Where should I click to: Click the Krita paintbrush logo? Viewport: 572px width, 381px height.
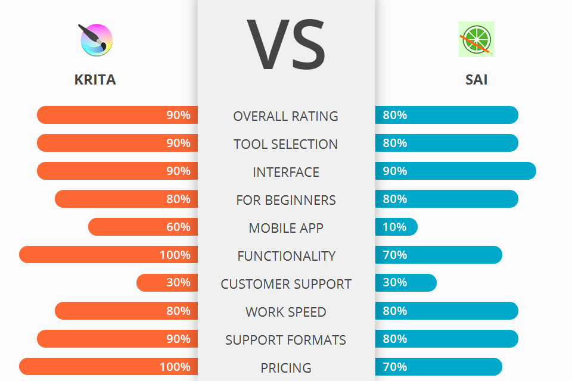(96, 40)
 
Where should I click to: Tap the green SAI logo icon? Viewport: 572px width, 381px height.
(476, 39)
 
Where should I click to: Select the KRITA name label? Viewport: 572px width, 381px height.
(95, 80)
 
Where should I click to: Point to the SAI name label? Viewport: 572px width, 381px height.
(476, 80)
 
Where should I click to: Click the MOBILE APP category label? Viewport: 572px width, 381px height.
(286, 228)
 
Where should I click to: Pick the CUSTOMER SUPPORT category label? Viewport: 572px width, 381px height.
(286, 284)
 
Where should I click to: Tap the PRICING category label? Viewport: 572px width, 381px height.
(286, 368)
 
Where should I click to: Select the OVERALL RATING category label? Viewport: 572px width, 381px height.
(286, 116)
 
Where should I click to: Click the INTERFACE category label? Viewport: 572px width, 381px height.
(286, 172)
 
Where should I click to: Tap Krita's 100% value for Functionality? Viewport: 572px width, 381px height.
(175, 255)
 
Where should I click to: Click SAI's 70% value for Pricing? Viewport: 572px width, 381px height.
(395, 367)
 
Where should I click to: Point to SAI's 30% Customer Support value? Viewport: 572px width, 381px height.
(395, 283)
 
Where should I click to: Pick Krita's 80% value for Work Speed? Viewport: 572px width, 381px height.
(178, 311)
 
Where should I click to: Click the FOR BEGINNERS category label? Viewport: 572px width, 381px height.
(286, 200)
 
